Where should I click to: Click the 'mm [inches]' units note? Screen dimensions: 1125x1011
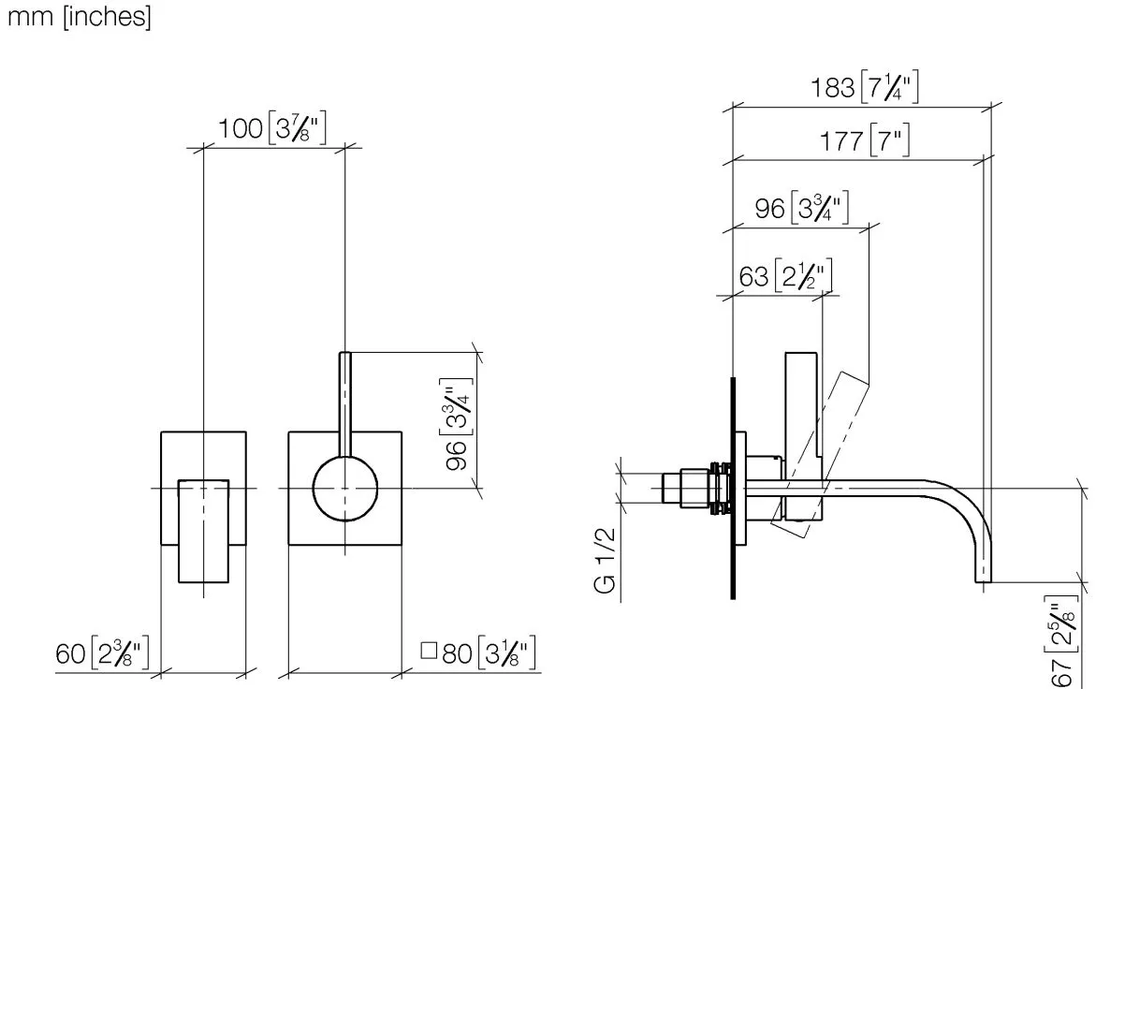point(79,17)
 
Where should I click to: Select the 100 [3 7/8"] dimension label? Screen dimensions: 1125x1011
point(272,128)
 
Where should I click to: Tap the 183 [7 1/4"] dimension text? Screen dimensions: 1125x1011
point(865,87)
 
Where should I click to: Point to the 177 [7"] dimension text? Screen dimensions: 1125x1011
point(865,140)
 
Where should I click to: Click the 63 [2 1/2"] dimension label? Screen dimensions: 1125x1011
point(785,275)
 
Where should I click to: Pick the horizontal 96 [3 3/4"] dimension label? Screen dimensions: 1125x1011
point(801,208)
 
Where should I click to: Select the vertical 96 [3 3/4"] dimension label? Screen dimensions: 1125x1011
point(457,423)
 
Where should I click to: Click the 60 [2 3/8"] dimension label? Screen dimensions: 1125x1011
point(102,652)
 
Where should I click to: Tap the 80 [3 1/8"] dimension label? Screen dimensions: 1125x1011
point(489,652)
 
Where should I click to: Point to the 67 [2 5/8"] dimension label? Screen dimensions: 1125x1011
point(1063,640)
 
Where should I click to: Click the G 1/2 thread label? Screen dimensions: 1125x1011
point(606,561)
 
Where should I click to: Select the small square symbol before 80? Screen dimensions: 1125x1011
point(429,651)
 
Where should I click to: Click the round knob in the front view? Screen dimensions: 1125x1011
point(344,489)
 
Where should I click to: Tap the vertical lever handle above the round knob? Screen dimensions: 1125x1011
point(344,404)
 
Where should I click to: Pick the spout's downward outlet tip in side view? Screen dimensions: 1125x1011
point(983,580)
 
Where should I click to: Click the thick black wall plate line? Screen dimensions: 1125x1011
point(733,489)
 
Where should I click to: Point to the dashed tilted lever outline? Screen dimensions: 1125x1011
point(820,454)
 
